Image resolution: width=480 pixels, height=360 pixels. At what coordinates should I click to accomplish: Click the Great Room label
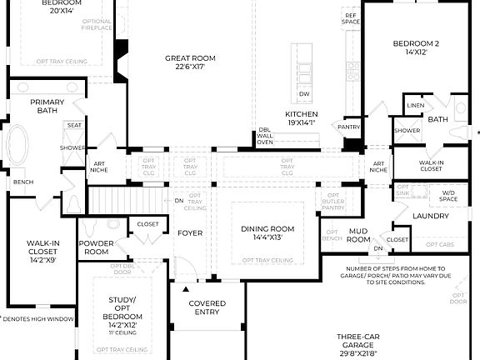point(190,62)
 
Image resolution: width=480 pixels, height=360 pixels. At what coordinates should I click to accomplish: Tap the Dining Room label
point(267,233)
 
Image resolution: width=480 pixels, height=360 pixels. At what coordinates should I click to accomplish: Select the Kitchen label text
point(301,117)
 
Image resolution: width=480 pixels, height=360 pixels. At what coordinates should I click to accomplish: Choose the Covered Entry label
point(207,308)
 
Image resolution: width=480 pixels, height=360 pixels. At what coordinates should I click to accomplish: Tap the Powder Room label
point(97,247)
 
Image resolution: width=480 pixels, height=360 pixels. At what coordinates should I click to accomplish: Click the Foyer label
point(190,232)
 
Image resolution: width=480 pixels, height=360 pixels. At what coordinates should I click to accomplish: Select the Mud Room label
point(358,236)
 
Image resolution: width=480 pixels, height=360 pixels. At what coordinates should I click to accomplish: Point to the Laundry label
point(430,216)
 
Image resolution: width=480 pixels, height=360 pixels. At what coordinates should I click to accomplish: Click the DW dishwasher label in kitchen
point(304,94)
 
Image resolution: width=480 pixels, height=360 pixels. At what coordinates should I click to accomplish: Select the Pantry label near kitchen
point(348,127)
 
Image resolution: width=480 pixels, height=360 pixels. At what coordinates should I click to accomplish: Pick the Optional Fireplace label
point(97,25)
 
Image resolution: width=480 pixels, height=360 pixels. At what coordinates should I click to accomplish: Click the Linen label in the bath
point(415,106)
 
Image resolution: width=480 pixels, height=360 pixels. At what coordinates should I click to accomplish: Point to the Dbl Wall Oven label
point(265,136)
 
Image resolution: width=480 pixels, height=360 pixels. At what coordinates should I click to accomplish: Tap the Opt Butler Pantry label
point(332,200)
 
